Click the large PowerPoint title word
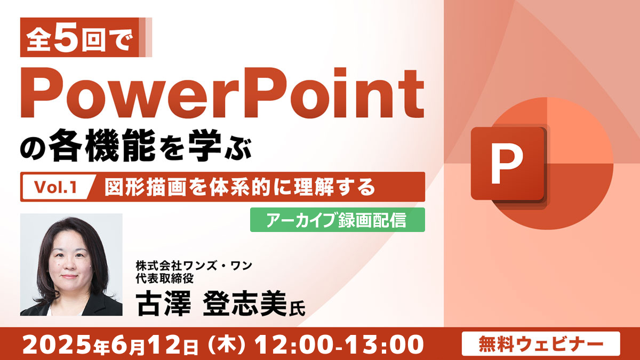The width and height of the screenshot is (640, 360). pyautogui.click(x=222, y=93)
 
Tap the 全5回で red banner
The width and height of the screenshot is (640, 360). pyautogui.click(x=86, y=37)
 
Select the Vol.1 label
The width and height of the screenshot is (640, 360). pyautogui.click(x=55, y=187)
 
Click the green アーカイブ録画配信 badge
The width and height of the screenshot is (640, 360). pyautogui.click(x=338, y=220)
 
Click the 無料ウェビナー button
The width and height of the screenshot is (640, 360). pyautogui.click(x=541, y=343)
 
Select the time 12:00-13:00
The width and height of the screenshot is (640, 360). pyautogui.click(x=339, y=345)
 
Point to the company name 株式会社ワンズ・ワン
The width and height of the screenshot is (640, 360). pyautogui.click(x=194, y=266)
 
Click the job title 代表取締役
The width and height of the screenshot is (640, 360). pyautogui.click(x=165, y=278)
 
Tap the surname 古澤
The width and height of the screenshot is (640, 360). pyautogui.click(x=164, y=303)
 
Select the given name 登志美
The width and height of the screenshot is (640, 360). pyautogui.click(x=245, y=303)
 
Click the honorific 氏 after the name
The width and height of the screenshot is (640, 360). pyautogui.click(x=297, y=309)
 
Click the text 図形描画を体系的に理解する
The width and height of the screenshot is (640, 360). pyautogui.click(x=240, y=187)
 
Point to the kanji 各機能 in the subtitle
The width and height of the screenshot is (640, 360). pyautogui.click(x=102, y=145)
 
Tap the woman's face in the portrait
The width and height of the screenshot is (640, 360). pyautogui.click(x=69, y=259)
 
